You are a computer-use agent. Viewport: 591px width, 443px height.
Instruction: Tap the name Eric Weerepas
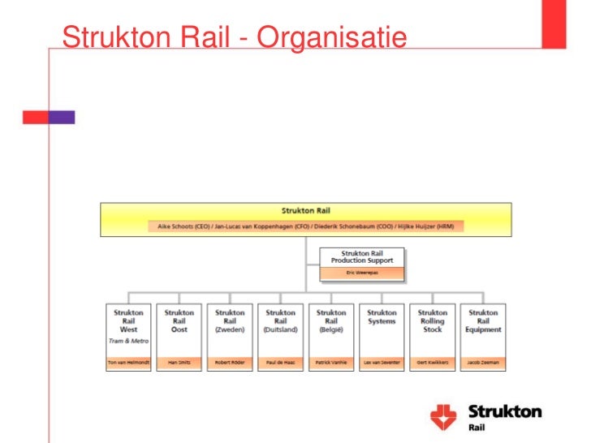tap(362, 273)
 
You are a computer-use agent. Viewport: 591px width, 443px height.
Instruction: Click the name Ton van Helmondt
tap(128, 362)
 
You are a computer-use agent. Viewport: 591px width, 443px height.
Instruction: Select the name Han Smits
tap(179, 362)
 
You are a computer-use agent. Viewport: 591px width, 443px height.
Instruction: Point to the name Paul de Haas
tap(280, 362)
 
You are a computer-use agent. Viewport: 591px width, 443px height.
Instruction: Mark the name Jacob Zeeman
tap(483, 362)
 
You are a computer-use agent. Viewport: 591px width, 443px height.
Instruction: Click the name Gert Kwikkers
tap(432, 362)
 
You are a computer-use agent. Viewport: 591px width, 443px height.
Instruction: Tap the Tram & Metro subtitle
tap(128, 341)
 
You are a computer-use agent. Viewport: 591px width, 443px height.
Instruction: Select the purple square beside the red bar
tap(63, 117)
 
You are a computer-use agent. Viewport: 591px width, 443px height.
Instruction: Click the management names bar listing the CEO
tap(305, 226)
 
